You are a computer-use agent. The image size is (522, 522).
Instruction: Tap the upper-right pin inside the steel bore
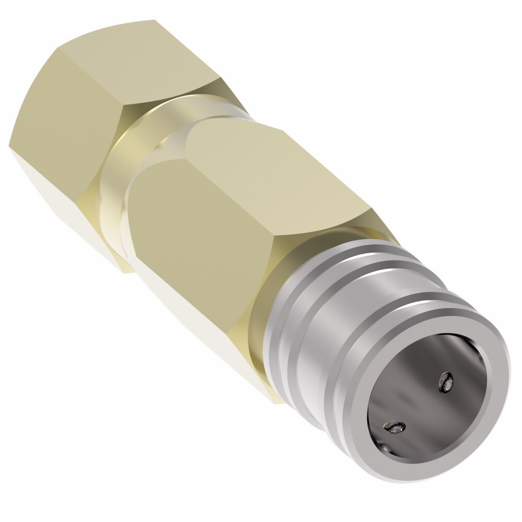445,383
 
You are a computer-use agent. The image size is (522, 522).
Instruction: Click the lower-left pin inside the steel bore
394,428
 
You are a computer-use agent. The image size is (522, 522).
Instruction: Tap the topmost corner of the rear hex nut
155,20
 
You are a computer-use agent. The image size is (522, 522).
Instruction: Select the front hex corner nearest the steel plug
372,211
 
